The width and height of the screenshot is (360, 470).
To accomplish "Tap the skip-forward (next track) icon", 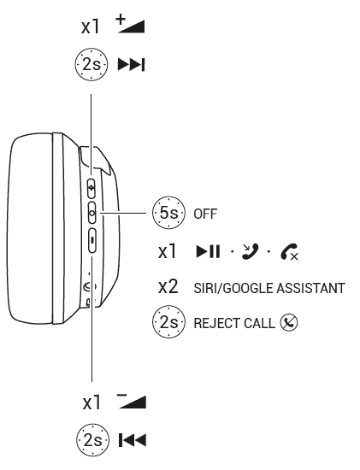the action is (132, 64).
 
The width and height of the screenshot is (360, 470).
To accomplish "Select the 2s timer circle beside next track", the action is (91, 64).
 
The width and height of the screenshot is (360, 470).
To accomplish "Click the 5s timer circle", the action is (168, 213).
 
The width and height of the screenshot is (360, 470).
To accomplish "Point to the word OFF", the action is (205, 214).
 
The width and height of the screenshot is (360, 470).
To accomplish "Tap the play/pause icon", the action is (208, 251).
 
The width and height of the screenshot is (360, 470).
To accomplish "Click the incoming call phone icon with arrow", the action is (250, 251).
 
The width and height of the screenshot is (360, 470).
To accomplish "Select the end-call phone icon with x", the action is (289, 251).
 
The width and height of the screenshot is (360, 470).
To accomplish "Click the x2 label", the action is (168, 286).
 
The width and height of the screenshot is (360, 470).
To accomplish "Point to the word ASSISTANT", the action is (310, 288).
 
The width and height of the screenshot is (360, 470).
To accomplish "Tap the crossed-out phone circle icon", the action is (289, 322).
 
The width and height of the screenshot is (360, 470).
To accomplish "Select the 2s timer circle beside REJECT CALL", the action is (168, 322).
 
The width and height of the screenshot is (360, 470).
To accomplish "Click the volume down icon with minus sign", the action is (132, 401).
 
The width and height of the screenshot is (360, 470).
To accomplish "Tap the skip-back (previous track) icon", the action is (133, 440).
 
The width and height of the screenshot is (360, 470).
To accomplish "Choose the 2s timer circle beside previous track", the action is (92, 440).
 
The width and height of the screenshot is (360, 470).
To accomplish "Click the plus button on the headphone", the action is (91, 188).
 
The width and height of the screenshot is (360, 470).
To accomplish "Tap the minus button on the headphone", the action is (92, 240).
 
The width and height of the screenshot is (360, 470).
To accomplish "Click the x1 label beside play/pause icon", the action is (168, 251).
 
